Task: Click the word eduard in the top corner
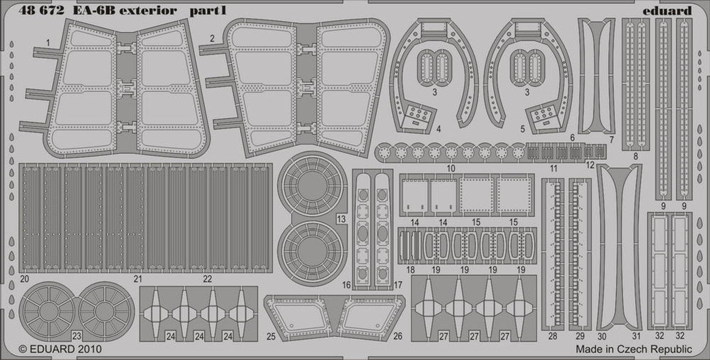[x=667, y=11]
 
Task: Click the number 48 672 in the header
[x=41, y=11]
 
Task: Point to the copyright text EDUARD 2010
[x=65, y=349]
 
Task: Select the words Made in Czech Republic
[x=633, y=349]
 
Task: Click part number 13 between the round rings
[x=341, y=219]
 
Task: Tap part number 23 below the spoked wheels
[x=77, y=336]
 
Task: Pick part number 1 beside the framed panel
[x=48, y=43]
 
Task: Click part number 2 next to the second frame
[x=212, y=39]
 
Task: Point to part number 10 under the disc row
[x=451, y=168]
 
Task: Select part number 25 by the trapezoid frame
[x=271, y=336]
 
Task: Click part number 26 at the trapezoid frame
[x=398, y=336]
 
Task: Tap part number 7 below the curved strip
[x=611, y=140]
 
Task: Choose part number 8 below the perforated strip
[x=636, y=156]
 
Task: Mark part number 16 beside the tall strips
[x=347, y=285]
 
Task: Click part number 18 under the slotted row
[x=410, y=270]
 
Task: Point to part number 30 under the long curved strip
[x=602, y=336]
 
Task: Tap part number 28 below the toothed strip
[x=552, y=336]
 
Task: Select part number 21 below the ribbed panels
[x=138, y=279]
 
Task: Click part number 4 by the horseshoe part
[x=439, y=129]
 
